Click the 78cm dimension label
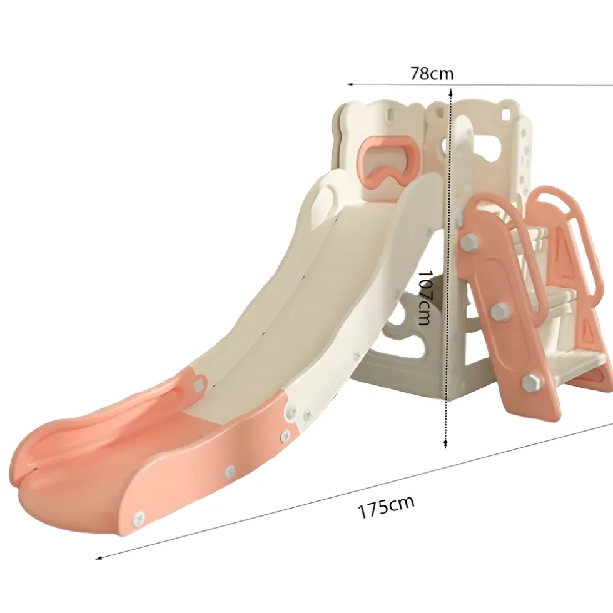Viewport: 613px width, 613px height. tap(432, 73)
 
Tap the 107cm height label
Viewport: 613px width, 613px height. tap(424, 297)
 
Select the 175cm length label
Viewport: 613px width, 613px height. tap(387, 507)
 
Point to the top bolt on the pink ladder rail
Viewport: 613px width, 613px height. tap(470, 243)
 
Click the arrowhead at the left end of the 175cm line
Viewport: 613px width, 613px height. tap(99, 558)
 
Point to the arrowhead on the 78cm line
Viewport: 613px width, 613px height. tap(351, 84)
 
